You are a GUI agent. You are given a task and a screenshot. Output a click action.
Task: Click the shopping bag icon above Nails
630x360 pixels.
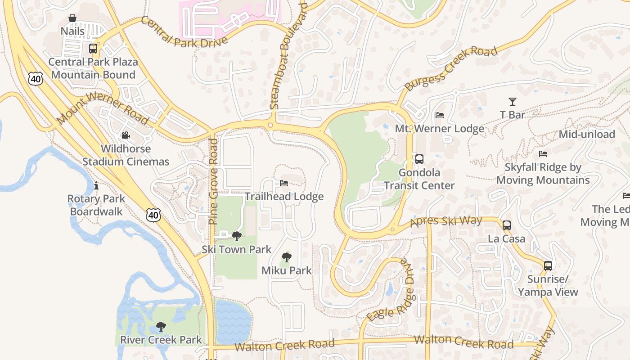[72, 18]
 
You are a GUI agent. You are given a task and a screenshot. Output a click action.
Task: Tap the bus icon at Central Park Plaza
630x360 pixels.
[93, 48]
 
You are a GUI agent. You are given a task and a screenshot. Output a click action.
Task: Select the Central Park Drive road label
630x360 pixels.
[184, 31]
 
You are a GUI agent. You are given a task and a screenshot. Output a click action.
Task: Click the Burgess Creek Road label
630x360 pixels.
[451, 68]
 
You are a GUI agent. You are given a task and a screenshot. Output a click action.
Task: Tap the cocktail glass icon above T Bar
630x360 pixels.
[512, 102]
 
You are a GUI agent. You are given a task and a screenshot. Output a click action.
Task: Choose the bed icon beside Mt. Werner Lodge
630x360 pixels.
[440, 115]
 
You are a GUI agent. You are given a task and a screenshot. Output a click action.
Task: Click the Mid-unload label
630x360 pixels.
[587, 134]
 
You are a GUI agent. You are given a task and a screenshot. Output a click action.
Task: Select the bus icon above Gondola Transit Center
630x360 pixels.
[419, 159]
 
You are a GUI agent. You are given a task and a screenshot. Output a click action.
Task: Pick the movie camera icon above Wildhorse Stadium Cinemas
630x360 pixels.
[126, 135]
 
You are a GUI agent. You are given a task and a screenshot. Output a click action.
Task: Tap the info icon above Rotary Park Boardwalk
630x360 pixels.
[96, 185]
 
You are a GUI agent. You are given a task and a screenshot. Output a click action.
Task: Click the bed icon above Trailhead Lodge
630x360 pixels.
[284, 183]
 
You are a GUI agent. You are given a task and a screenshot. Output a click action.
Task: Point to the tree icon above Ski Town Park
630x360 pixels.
[236, 236]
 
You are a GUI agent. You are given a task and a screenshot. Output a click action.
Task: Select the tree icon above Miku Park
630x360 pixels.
[286, 257]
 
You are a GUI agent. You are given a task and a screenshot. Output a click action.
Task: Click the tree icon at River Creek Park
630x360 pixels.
[161, 326]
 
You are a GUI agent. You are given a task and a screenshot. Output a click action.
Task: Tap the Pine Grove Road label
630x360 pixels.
[213, 181]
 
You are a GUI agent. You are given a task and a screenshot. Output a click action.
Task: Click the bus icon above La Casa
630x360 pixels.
[507, 225]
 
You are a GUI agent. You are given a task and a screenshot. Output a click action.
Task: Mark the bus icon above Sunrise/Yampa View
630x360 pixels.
[548, 265]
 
